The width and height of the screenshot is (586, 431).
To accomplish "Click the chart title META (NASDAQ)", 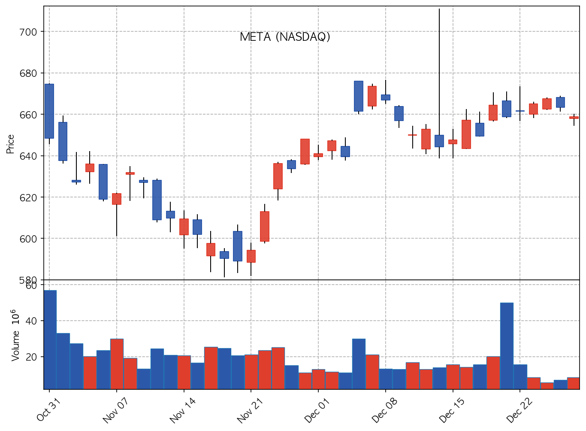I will [x=285, y=37].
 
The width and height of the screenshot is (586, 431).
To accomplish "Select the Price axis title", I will [x=10, y=144].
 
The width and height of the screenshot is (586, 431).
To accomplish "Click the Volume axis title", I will [x=15, y=335].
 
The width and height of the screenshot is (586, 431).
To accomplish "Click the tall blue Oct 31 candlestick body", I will [x=49, y=111].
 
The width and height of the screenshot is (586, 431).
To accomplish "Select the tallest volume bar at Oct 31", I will [x=50, y=339].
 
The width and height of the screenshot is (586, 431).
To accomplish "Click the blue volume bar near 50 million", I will [x=507, y=346].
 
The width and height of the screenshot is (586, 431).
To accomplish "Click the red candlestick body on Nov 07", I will [x=117, y=199].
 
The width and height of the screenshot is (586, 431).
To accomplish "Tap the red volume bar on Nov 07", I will [x=117, y=364].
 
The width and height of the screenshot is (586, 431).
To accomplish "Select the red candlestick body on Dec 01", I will [x=318, y=155].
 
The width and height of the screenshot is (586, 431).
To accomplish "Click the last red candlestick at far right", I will [x=574, y=117].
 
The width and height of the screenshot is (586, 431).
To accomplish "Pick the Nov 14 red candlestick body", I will [x=184, y=227].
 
